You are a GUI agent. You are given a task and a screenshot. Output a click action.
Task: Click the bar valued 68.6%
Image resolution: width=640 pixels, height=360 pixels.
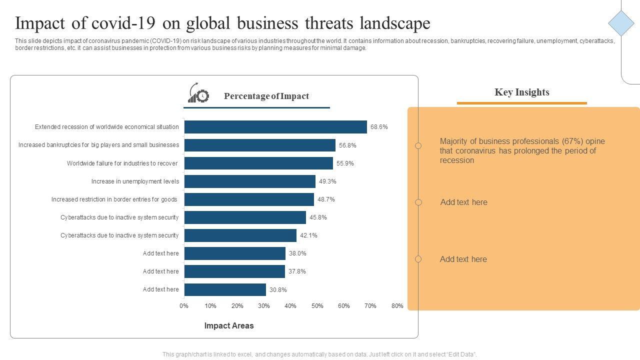point(275,127)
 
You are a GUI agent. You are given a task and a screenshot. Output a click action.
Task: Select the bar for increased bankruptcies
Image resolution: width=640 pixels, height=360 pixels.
point(259,145)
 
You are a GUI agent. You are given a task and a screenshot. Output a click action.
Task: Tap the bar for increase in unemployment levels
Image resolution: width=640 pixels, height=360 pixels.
point(249,181)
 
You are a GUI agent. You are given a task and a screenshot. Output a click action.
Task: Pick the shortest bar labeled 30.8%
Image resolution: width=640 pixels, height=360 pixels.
point(225,289)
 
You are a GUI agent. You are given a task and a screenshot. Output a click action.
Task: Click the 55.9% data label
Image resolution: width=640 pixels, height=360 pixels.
point(345,163)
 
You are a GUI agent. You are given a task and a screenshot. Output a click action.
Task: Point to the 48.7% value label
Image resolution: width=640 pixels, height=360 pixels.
point(326,199)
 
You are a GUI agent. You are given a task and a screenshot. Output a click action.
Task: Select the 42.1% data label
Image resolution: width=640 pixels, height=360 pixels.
point(308,235)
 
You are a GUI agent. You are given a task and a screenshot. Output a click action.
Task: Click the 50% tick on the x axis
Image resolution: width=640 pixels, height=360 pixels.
point(317,306)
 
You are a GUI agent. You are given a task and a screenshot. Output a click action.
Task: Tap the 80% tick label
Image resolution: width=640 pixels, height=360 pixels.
point(397,306)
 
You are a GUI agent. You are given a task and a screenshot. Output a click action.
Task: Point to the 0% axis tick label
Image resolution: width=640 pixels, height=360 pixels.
point(184,306)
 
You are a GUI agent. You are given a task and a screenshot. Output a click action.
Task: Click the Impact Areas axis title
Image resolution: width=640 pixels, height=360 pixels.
point(229,325)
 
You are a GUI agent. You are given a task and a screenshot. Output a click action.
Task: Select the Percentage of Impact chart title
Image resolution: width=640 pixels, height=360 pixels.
point(266,96)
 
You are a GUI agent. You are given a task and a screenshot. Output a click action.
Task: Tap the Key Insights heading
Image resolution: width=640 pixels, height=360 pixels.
point(522,92)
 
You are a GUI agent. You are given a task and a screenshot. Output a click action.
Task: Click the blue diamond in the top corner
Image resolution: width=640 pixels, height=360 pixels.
point(621,23)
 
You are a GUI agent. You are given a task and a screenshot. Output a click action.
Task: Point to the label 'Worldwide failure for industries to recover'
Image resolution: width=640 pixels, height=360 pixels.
point(122,163)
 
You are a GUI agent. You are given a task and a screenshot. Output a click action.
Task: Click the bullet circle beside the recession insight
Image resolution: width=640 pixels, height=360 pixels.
point(418,146)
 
